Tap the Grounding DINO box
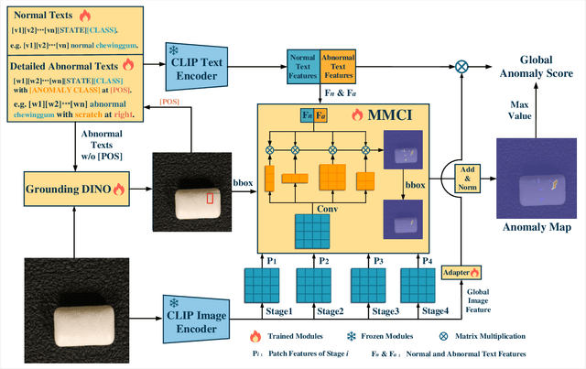[70, 190]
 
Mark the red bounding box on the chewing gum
[210, 197]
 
